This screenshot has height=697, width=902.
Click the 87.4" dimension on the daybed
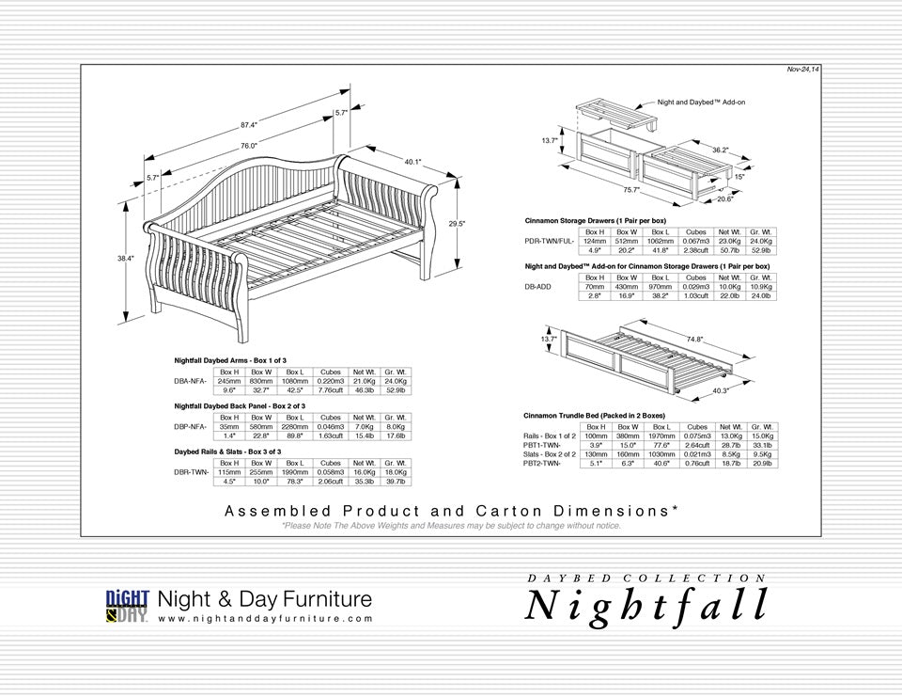point(249,124)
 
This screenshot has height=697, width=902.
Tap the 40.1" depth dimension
point(412,162)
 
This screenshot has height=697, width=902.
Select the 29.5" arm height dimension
point(457,224)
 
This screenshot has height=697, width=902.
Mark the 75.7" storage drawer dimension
point(630,189)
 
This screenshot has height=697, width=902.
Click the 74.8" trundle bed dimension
point(694,339)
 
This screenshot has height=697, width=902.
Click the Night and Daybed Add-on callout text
point(701,102)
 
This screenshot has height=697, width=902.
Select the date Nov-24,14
point(802,70)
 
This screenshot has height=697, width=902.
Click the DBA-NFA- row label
point(191,381)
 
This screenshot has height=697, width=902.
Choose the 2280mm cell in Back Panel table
point(295,426)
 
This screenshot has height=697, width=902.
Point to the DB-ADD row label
point(537,287)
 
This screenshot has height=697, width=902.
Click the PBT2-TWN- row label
point(542,463)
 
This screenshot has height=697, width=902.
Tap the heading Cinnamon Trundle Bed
point(594,415)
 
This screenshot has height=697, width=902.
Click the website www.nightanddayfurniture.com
point(265,619)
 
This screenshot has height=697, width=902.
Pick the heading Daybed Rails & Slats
point(230,451)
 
